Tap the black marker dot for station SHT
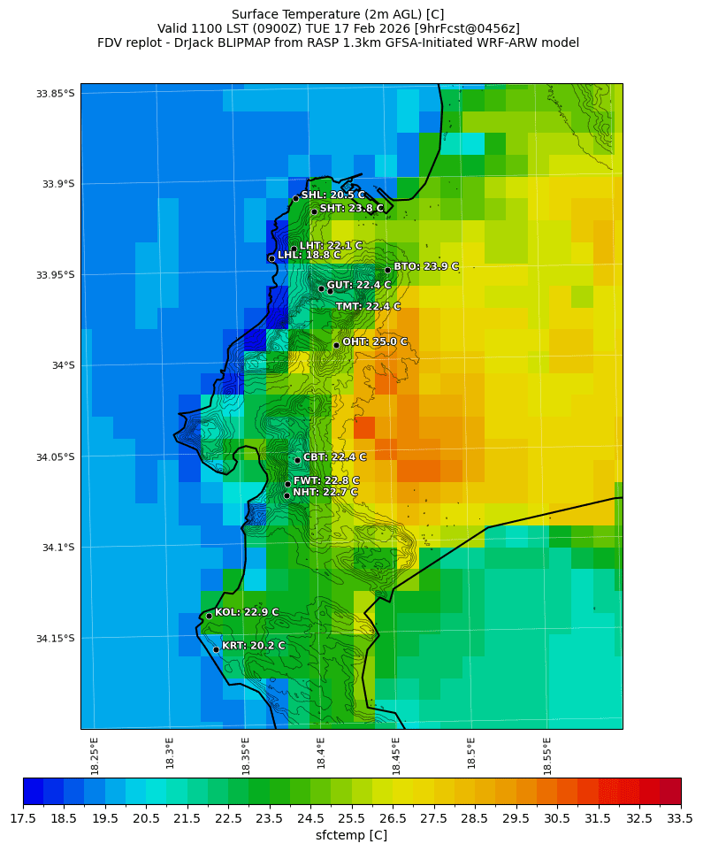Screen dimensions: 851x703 (314, 211)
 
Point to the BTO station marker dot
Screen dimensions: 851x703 (387, 270)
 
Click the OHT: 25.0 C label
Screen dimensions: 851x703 (375, 342)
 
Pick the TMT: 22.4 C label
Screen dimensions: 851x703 (368, 307)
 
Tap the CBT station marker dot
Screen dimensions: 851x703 (297, 460)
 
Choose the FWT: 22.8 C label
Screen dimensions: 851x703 (326, 481)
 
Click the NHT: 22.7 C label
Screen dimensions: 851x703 (325, 493)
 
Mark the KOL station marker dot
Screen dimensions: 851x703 (209, 616)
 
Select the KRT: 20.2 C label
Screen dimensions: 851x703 (253, 647)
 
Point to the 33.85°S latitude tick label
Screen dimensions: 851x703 (53, 94)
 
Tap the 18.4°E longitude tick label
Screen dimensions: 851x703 (321, 753)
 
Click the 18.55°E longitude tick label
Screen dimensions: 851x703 (547, 753)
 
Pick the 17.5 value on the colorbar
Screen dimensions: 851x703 (23, 819)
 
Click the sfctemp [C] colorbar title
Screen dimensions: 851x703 (351, 835)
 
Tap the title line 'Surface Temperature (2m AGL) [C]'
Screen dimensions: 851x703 (338, 14)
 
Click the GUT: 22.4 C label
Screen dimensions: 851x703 (359, 286)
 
